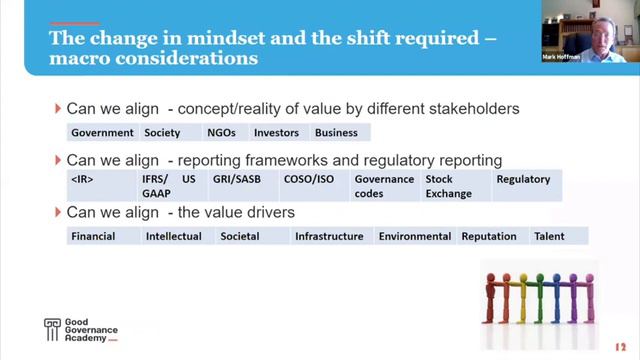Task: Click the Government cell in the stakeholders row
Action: pyautogui.click(x=102, y=132)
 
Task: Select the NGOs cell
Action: pyautogui.click(x=221, y=132)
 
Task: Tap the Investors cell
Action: pyautogui.click(x=276, y=132)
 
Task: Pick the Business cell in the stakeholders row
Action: pyautogui.click(x=336, y=132)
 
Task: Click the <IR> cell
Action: pyautogui.click(x=83, y=180)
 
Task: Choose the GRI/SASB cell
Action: pyautogui.click(x=233, y=180)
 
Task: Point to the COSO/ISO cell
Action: pyautogui.click(x=308, y=180)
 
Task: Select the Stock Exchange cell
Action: pyautogui.click(x=448, y=186)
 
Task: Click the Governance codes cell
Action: pyautogui.click(x=384, y=186)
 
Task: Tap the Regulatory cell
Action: pyautogui.click(x=523, y=180)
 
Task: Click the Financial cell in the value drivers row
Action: pyautogui.click(x=93, y=237)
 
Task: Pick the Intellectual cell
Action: pyautogui.click(x=174, y=237)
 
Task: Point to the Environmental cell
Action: pyautogui.click(x=415, y=237)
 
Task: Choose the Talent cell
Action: pyautogui.click(x=550, y=237)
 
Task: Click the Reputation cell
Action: pyautogui.click(x=489, y=237)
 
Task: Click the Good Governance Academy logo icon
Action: pyautogui.click(x=53, y=330)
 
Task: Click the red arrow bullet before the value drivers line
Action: pyautogui.click(x=57, y=213)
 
